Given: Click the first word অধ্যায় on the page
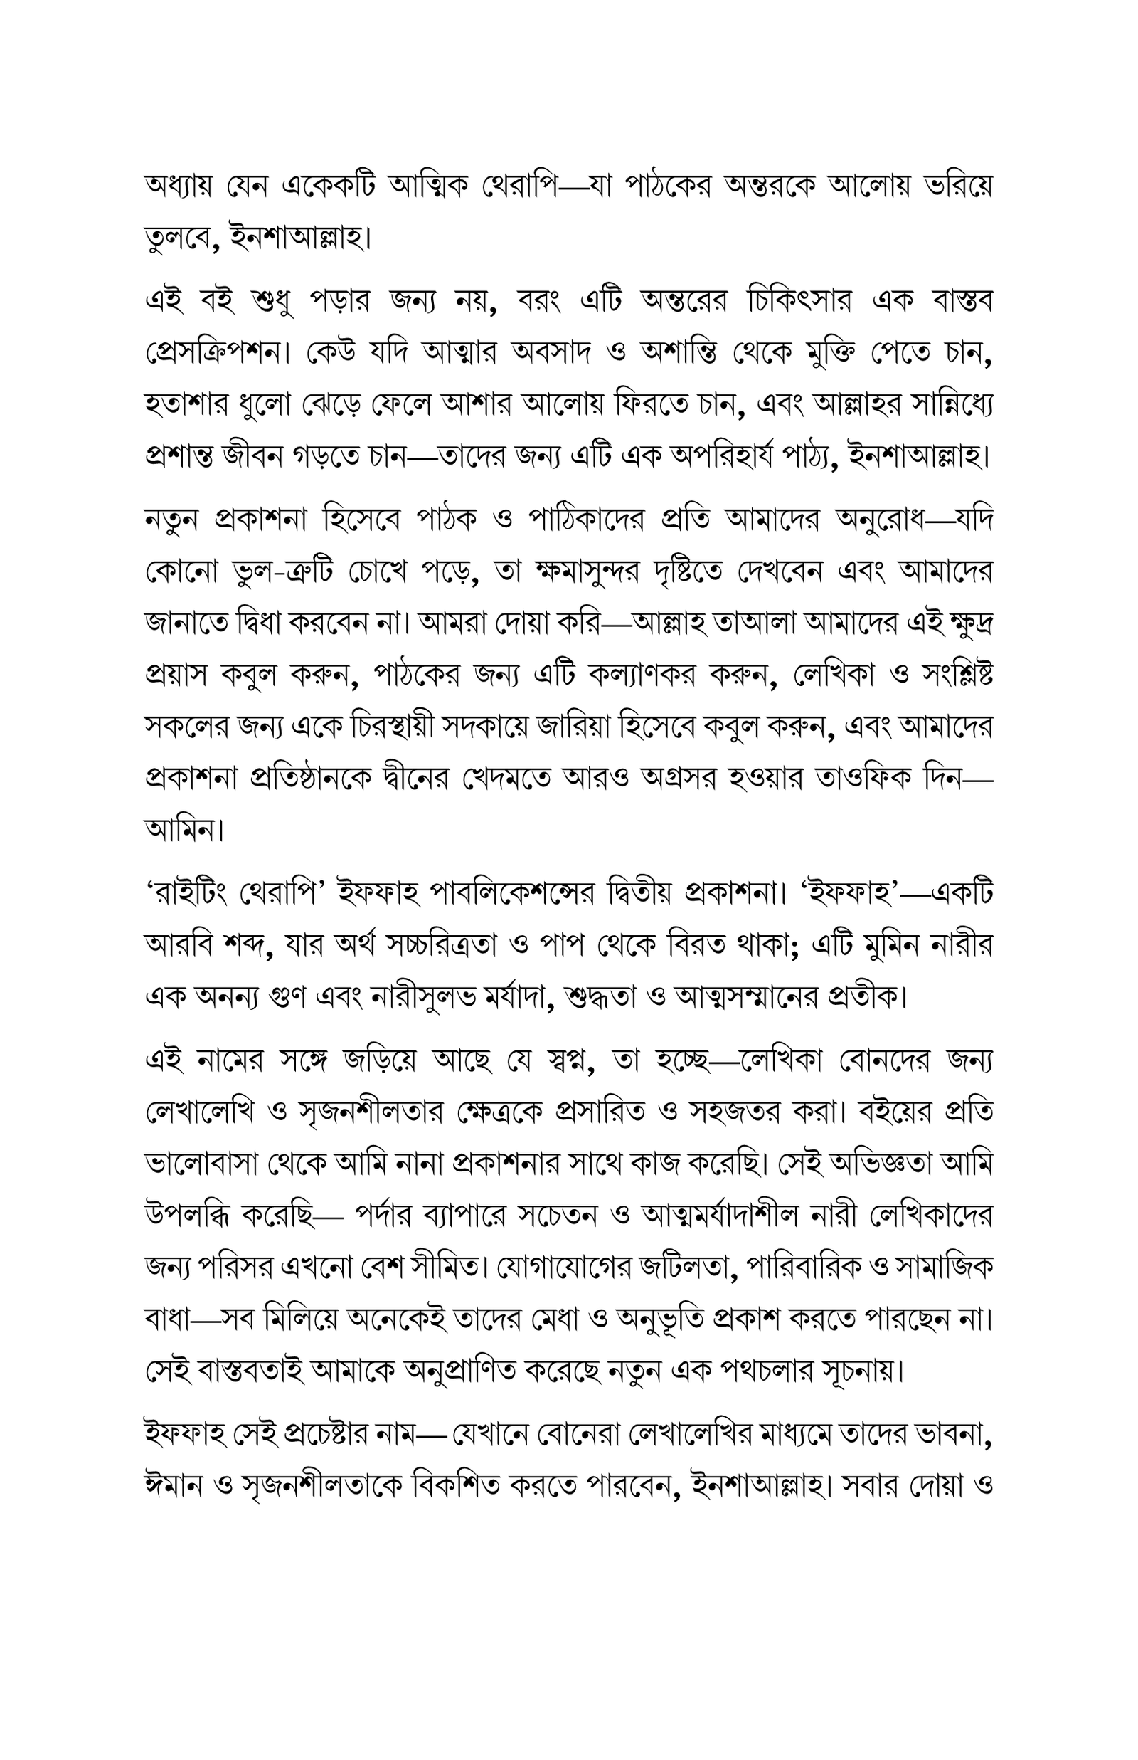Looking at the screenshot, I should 186,188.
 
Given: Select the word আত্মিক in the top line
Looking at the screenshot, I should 425,188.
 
